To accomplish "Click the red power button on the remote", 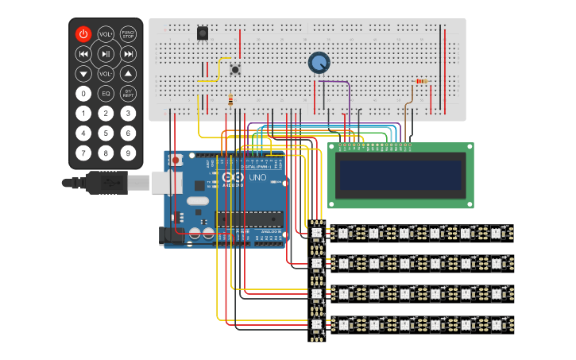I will pos(83,34).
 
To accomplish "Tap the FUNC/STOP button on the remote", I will pos(128,34).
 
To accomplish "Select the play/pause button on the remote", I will pos(106,54).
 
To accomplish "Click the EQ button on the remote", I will pos(106,93).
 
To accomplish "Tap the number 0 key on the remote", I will pos(83,93).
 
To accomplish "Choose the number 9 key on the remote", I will pos(128,152).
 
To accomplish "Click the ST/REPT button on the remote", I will pos(128,93).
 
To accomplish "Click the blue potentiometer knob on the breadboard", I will pos(319,63).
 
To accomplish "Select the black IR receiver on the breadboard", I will pos(203,33).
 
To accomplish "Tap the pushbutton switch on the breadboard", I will pos(235,71).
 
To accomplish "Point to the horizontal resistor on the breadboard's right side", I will pos(420,81).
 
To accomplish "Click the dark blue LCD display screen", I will pos(400,176).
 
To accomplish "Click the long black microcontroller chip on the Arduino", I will pos(249,219).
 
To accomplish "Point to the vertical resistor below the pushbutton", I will pos(230,101).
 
